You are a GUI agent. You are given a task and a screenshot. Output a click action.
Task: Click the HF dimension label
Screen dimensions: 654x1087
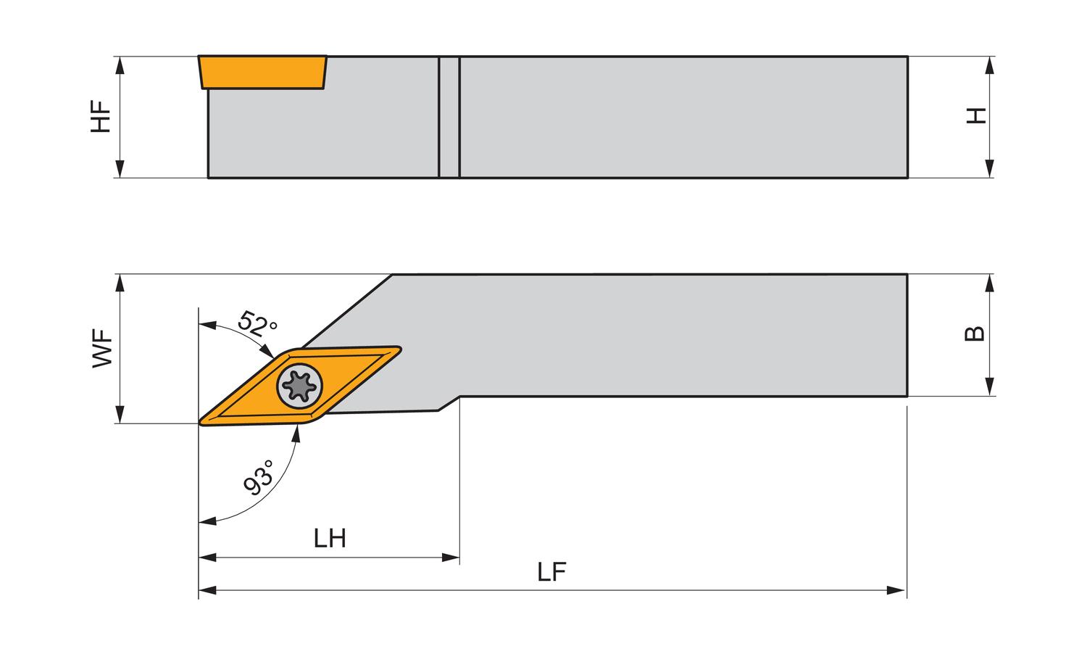click(101, 117)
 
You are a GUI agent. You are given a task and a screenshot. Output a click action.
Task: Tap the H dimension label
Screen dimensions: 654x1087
click(978, 116)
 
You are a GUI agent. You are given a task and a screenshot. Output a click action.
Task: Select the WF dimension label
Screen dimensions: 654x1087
click(102, 349)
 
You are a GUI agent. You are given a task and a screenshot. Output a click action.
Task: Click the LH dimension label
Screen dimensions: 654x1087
click(329, 539)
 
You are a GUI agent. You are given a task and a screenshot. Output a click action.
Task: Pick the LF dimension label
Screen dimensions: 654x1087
click(551, 573)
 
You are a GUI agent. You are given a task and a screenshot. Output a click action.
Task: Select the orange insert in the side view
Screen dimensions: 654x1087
click(262, 72)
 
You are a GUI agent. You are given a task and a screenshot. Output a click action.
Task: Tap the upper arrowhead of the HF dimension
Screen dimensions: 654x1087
click(120, 64)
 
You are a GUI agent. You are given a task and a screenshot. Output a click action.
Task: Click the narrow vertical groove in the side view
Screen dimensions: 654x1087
click(449, 117)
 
